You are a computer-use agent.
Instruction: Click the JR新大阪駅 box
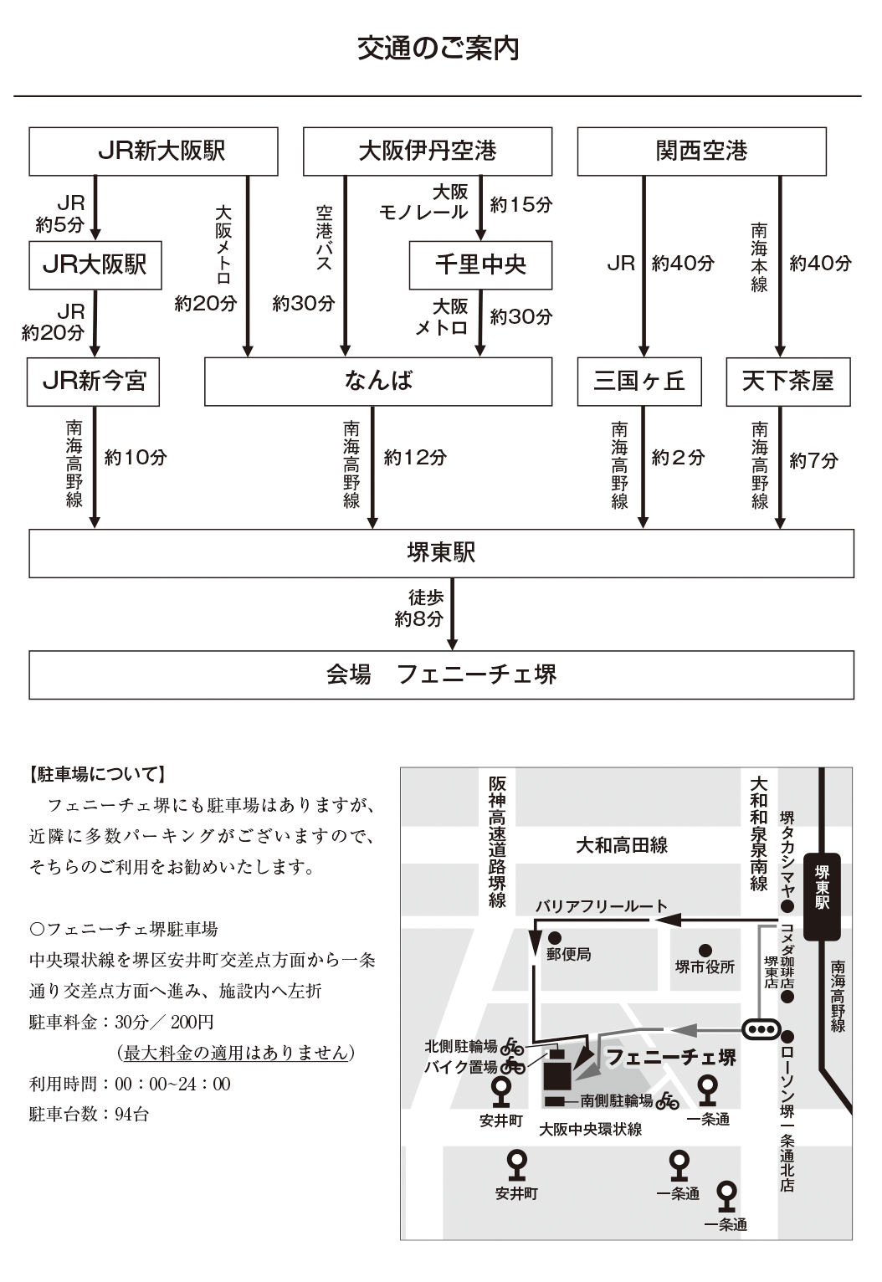(x=153, y=151)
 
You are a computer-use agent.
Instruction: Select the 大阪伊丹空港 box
(x=427, y=151)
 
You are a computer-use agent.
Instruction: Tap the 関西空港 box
(x=701, y=151)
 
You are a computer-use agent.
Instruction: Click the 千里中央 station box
(x=480, y=265)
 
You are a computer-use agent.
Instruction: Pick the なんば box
(x=378, y=382)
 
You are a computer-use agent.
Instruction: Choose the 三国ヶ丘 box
(x=639, y=382)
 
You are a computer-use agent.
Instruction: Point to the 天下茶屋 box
(x=787, y=382)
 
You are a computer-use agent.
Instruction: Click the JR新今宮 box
(x=94, y=382)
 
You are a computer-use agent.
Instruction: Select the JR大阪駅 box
(x=95, y=265)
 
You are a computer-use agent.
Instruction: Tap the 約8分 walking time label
(x=418, y=619)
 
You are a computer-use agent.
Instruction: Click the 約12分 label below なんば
(x=415, y=458)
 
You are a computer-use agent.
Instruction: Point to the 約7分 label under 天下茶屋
(x=813, y=460)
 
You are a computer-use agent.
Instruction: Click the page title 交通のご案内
(x=438, y=49)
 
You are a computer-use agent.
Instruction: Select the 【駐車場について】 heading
(x=97, y=774)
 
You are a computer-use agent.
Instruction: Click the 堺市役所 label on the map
(x=705, y=967)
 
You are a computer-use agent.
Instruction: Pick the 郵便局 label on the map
(x=569, y=954)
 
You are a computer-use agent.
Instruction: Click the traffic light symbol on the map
(x=761, y=1028)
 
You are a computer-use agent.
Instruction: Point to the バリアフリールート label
(x=602, y=905)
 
